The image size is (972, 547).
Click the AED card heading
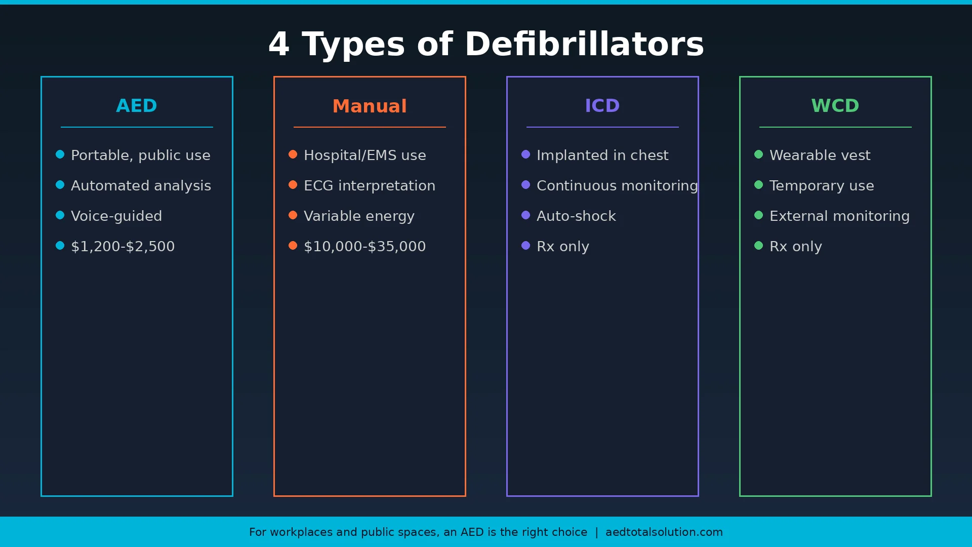pos(137,106)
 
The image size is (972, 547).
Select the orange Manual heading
pos(370,106)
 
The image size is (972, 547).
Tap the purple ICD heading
pos(602,106)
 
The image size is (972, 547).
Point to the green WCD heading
pos(835,106)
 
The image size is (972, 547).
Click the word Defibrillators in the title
pos(584,44)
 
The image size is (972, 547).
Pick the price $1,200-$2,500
pos(123,247)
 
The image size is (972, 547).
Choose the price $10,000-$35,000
pos(364,247)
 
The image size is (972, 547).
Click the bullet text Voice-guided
pos(116,216)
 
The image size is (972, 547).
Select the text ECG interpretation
pos(370,186)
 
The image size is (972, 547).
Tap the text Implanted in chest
pos(602,155)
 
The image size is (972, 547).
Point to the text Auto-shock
pos(576,216)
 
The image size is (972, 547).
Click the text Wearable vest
pos(820,155)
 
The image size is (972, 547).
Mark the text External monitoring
pos(839,216)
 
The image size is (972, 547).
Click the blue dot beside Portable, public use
pos(60,154)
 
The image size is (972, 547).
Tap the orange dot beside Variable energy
pos(293,215)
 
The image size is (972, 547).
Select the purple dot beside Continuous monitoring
pos(526,185)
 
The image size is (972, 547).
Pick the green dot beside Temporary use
pos(759,185)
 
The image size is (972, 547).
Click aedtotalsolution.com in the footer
pos(664,532)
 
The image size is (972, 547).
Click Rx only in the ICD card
pos(563,247)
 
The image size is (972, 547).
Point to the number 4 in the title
pos(279,44)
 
